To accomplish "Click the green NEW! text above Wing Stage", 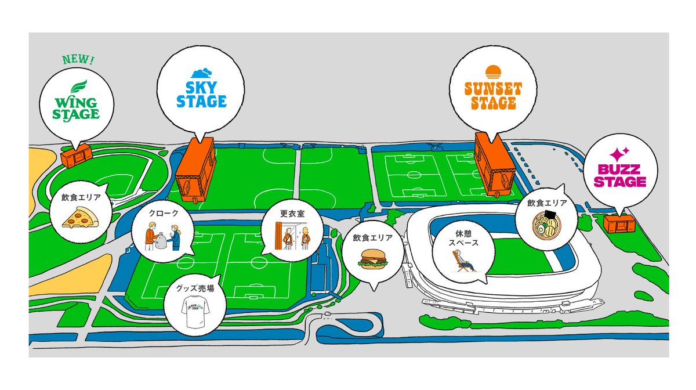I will point(78,60).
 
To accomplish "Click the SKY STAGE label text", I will point(201,94).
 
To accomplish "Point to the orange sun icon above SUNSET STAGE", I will point(493,73).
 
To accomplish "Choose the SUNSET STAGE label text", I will point(493,96).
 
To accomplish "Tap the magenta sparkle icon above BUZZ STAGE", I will point(619,154).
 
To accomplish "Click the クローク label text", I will point(163,213).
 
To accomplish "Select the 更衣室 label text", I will point(292,213).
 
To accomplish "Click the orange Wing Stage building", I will point(76,154).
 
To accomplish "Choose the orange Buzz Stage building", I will point(619,223).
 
